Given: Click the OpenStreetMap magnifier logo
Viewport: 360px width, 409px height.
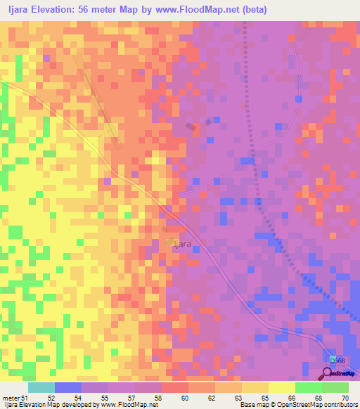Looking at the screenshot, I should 328,374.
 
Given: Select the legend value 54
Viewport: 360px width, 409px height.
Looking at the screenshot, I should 77,398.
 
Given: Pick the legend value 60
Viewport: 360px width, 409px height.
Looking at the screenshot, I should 184,398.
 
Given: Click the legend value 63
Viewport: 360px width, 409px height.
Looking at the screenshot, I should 238,398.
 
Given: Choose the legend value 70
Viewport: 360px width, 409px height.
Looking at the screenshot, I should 345,398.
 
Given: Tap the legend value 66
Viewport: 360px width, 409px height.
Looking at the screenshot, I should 291,398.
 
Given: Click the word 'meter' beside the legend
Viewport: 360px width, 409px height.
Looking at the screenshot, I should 11,398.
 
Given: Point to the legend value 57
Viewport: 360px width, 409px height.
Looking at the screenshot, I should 131,398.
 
